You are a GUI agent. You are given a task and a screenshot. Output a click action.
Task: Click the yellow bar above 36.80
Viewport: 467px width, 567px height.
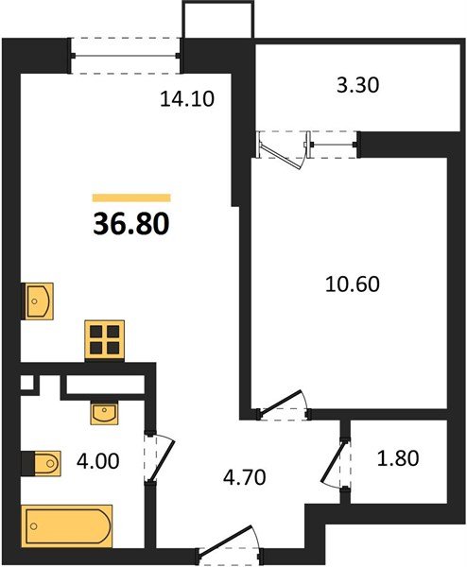tap(132, 198)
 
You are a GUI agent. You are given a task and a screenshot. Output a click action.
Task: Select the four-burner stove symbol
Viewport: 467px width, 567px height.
tap(104, 339)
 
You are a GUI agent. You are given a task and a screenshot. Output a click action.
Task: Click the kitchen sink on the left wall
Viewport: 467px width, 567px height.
tap(38, 301)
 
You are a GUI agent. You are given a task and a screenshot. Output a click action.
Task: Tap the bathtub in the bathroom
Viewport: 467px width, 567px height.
tap(67, 522)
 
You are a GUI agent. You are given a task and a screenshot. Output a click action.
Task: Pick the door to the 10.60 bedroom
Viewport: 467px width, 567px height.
tap(285, 404)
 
